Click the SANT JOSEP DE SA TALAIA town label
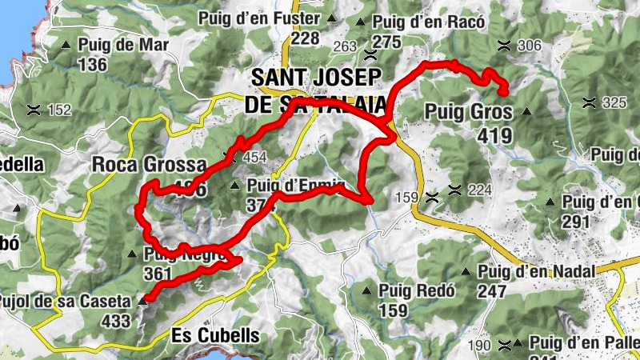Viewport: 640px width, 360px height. [x=318, y=90]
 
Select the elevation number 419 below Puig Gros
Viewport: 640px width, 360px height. [x=494, y=136]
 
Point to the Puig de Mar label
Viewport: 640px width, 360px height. [x=124, y=45]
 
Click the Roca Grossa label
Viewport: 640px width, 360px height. [x=150, y=165]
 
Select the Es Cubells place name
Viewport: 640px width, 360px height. [x=216, y=335]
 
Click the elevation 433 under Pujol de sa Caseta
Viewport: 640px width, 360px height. [x=115, y=320]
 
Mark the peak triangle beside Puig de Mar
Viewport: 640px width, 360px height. [x=66, y=45]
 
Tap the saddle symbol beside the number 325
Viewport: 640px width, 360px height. [x=589, y=102]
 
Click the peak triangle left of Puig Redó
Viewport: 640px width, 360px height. [x=367, y=290]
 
